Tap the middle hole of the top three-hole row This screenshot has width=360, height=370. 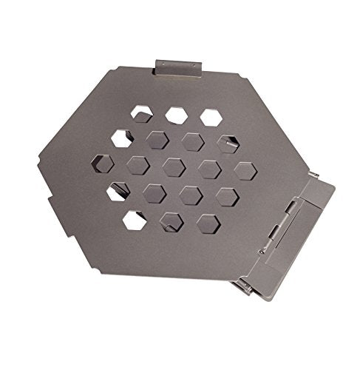(x=176, y=115)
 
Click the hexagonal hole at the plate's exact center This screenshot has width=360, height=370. (x=173, y=166)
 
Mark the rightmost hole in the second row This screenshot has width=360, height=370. (x=228, y=143)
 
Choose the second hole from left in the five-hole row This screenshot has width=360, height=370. (x=137, y=165)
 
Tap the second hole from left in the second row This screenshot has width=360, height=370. (x=157, y=140)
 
